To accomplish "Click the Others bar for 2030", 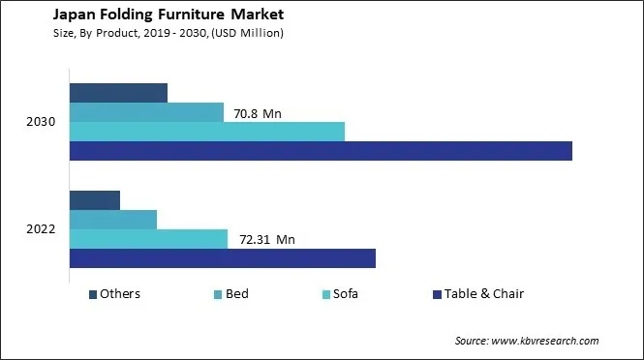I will click(x=118, y=93).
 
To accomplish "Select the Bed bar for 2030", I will click(x=146, y=112).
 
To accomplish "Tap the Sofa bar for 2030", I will click(x=207, y=132).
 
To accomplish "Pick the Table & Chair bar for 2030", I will click(x=321, y=151).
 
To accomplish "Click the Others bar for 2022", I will click(x=95, y=200).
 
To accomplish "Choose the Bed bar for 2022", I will click(x=113, y=220).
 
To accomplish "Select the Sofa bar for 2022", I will click(x=148, y=239).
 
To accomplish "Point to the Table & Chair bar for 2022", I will click(x=222, y=258).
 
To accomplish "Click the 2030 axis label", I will click(x=41, y=122).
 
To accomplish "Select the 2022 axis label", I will click(x=41, y=229).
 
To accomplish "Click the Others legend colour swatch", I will click(x=93, y=294).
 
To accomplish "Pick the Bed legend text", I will click(x=237, y=294).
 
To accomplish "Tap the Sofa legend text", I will click(x=346, y=294).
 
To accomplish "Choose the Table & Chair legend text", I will click(x=484, y=294).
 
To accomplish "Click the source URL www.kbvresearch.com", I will click(x=546, y=341).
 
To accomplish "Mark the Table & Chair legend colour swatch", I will click(x=438, y=294).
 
